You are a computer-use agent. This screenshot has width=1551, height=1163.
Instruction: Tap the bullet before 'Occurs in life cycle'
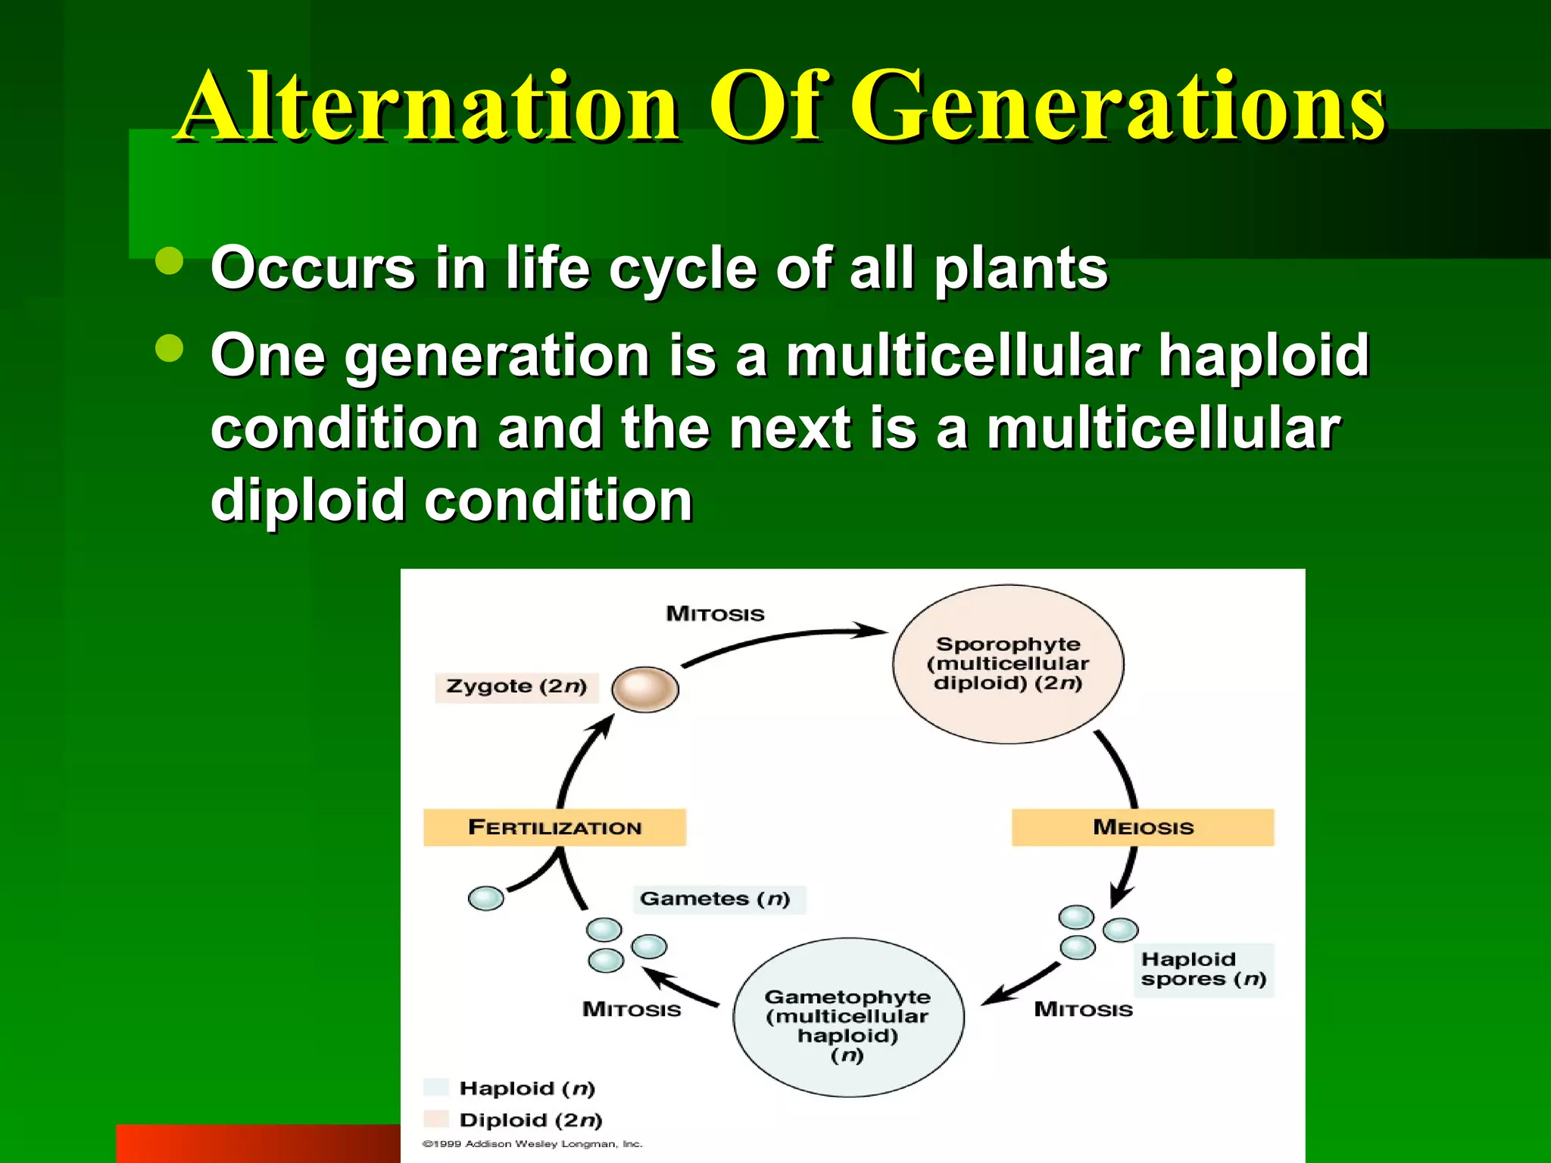point(170,261)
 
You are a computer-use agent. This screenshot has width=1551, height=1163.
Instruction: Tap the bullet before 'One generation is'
point(170,349)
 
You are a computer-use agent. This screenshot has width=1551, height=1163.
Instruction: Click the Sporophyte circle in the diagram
point(1008,663)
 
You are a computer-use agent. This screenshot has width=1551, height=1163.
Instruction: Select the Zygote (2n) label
point(516,687)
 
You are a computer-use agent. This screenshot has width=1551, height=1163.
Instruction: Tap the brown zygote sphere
point(644,689)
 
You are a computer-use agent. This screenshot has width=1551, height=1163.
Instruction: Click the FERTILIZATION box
point(554,827)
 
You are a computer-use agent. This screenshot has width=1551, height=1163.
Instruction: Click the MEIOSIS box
point(1142,827)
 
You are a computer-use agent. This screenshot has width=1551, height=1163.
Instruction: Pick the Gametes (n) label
point(716,899)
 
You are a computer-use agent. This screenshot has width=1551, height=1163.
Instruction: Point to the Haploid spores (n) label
point(1203,969)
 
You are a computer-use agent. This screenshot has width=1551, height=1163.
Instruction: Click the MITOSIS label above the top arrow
point(715,613)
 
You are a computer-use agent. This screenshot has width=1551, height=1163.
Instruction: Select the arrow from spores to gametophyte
point(1022,984)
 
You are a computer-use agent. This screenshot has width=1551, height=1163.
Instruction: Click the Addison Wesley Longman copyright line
point(532,1144)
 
